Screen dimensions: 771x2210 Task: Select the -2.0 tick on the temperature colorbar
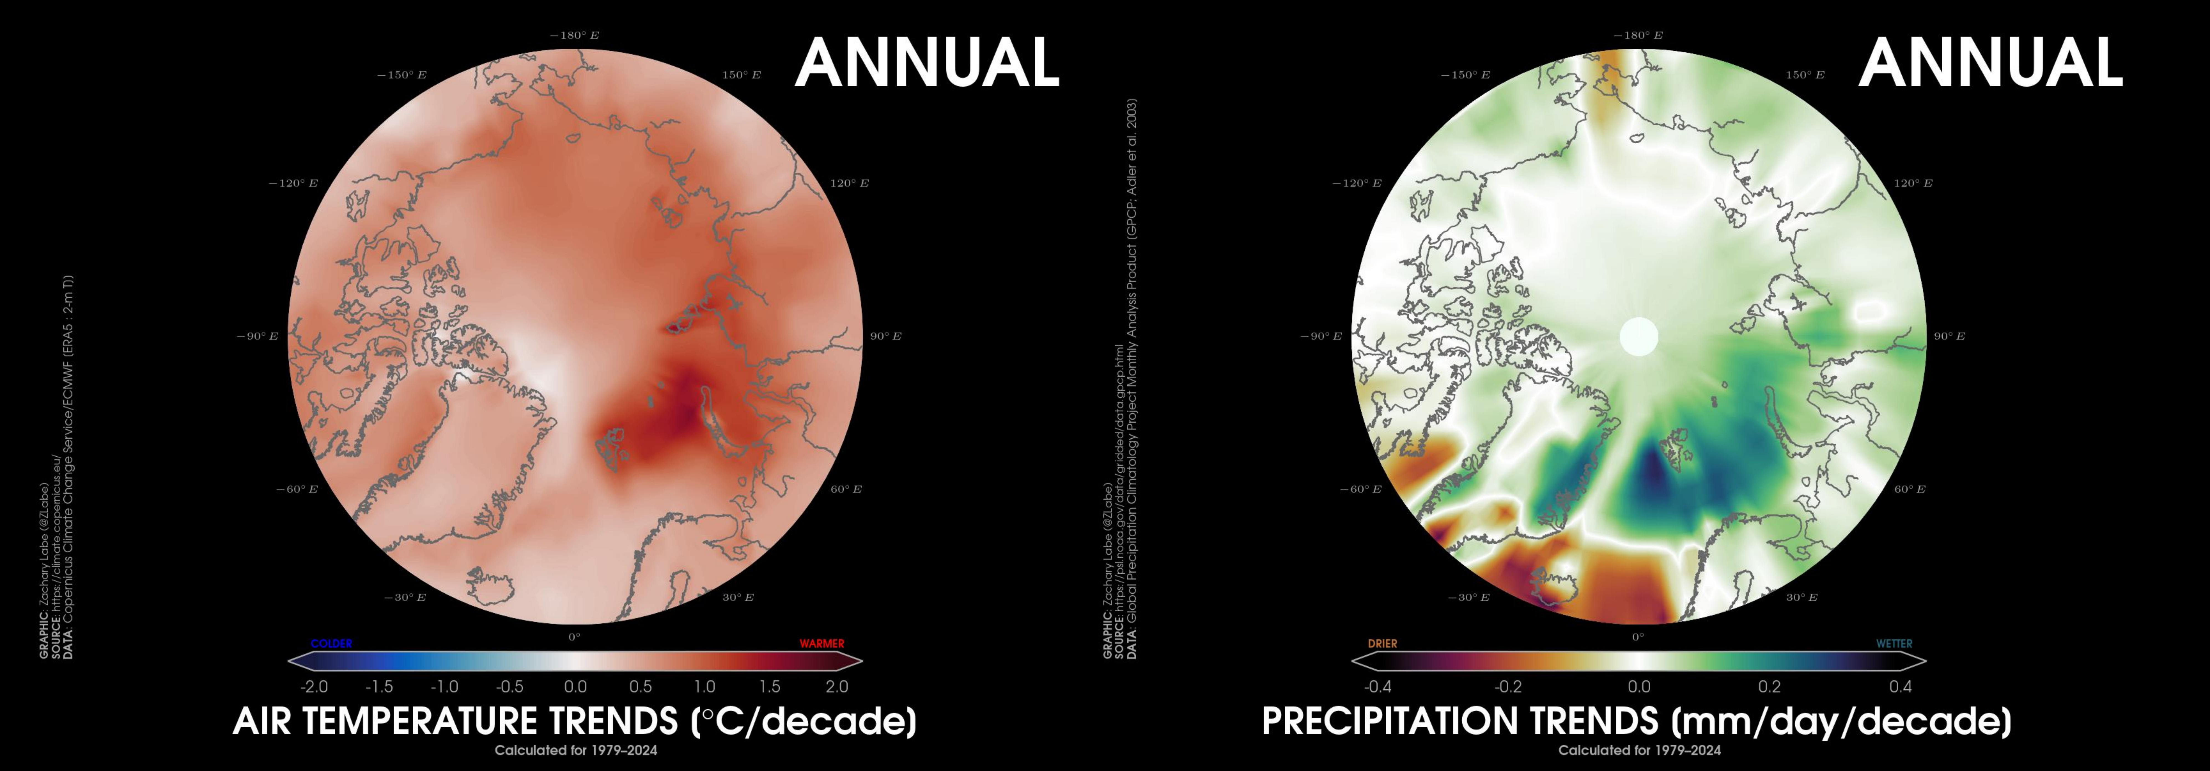click(x=314, y=687)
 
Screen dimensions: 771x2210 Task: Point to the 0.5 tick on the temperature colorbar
click(x=640, y=687)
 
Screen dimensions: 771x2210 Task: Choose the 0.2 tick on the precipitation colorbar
click(x=1769, y=687)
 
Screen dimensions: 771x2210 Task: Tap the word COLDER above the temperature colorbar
click(x=331, y=643)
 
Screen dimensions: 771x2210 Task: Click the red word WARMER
click(x=822, y=643)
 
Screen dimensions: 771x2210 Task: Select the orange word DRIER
click(x=1382, y=643)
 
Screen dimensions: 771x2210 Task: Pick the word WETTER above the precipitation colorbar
click(x=1894, y=643)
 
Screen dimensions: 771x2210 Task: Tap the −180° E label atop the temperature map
click(x=575, y=35)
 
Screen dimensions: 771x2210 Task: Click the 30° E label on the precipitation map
click(x=1802, y=597)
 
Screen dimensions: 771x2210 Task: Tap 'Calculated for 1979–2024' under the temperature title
click(x=576, y=751)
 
